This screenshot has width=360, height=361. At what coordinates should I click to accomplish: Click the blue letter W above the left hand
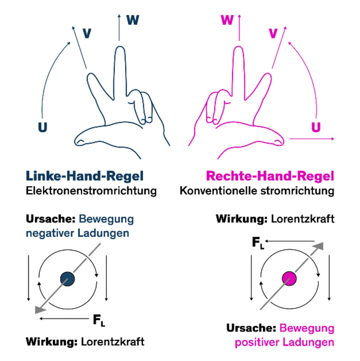(133, 20)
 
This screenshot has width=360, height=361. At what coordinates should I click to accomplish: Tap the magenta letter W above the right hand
(227, 20)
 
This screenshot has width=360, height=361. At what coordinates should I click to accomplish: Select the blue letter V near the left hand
(87, 34)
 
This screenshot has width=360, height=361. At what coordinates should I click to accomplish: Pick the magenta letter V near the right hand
(273, 34)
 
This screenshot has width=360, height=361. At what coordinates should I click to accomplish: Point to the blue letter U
(42, 127)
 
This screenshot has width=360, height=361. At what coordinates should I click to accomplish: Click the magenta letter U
(316, 127)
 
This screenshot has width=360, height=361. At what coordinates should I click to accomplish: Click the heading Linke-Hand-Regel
(84, 176)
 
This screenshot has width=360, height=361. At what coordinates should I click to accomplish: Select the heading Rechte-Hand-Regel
(270, 176)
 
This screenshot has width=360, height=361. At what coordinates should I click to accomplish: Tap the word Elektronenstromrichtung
(91, 191)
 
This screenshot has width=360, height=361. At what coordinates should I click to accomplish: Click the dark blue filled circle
(67, 279)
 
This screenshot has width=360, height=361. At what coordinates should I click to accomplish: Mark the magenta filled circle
(289, 279)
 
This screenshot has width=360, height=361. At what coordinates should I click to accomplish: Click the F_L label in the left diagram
(99, 320)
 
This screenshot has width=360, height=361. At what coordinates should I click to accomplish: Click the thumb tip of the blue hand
(79, 141)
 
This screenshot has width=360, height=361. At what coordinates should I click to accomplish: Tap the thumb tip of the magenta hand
(280, 141)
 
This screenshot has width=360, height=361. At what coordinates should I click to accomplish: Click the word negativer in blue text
(50, 233)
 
